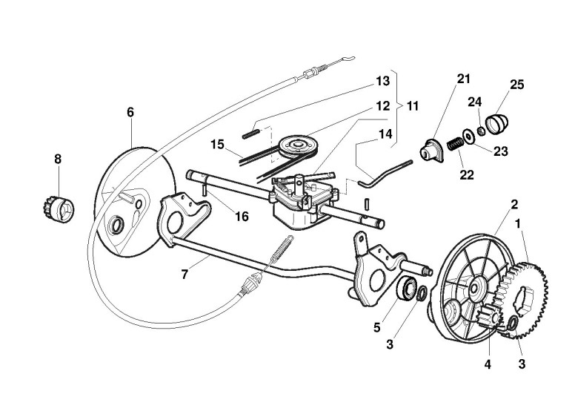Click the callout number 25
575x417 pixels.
pos(516,85)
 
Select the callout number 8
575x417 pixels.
pos(58,159)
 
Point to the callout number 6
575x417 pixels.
pos(130,112)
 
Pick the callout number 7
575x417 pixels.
pos(185,274)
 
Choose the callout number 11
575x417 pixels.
pos(412,106)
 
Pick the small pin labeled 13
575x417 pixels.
pos(250,134)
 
